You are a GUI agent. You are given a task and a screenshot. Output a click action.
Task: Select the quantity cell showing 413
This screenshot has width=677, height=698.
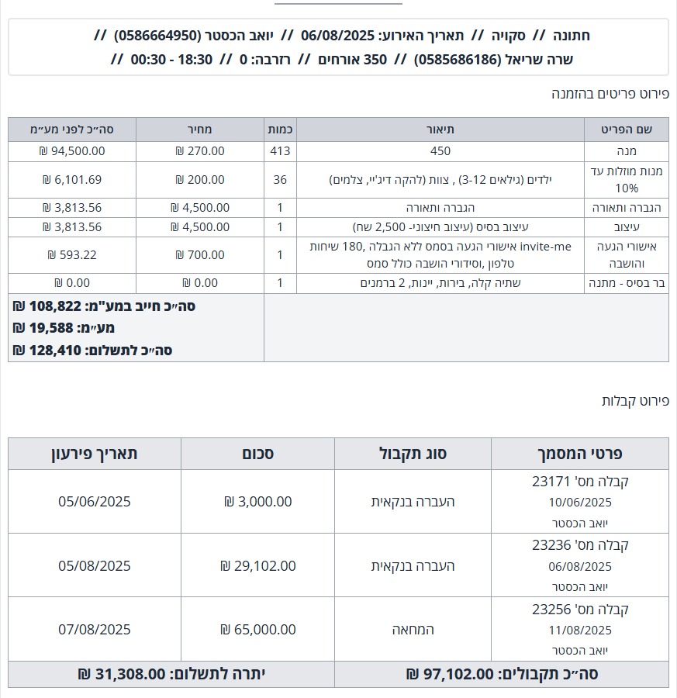click(x=280, y=151)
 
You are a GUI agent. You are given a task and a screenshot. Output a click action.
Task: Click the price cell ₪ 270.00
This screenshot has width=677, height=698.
click(x=200, y=151)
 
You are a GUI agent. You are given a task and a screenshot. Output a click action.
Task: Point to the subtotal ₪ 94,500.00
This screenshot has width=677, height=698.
click(x=71, y=151)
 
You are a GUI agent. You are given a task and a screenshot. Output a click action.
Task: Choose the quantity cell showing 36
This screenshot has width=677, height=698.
click(x=280, y=180)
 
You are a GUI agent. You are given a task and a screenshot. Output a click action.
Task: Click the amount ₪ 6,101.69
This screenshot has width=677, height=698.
click(x=71, y=180)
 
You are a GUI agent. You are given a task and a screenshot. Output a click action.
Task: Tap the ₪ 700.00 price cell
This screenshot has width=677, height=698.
click(x=200, y=255)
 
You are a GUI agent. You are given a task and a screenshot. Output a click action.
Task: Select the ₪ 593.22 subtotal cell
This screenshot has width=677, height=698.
click(x=71, y=255)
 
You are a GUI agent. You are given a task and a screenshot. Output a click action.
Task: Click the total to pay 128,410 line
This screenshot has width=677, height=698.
click(x=92, y=351)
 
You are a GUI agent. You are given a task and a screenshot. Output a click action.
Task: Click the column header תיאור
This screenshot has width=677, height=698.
click(x=440, y=130)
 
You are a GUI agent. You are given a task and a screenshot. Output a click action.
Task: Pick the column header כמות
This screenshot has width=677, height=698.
click(x=280, y=130)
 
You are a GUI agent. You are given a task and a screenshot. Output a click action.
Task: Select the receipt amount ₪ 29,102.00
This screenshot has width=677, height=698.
click(x=258, y=565)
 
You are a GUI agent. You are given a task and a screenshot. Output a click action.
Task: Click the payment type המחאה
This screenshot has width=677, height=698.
click(x=413, y=629)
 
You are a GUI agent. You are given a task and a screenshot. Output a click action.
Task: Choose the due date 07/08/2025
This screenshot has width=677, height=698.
click(x=95, y=629)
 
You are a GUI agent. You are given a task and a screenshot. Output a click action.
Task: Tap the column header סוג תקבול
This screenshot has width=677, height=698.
click(x=413, y=454)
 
